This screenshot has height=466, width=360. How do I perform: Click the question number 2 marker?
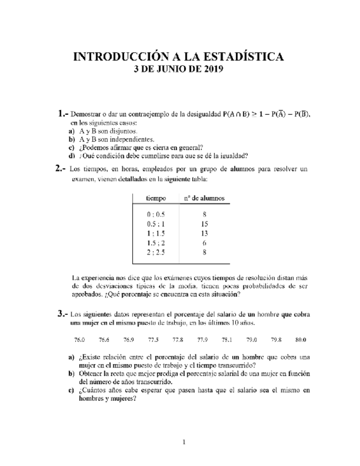[x=62, y=169]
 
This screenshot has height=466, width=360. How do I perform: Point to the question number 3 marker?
[x=62, y=314]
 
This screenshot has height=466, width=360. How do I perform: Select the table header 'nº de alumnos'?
[x=204, y=197]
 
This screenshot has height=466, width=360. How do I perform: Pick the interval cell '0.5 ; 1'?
[x=156, y=224]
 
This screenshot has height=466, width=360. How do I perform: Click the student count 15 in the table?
[x=204, y=224]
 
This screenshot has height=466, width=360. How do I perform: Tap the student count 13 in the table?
[x=204, y=234]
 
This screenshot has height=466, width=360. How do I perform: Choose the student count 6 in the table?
[x=204, y=243]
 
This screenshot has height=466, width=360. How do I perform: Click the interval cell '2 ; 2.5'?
[x=156, y=252]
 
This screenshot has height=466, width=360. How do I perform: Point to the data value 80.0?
[x=300, y=340]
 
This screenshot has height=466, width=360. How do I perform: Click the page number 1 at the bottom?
[x=185, y=442]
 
